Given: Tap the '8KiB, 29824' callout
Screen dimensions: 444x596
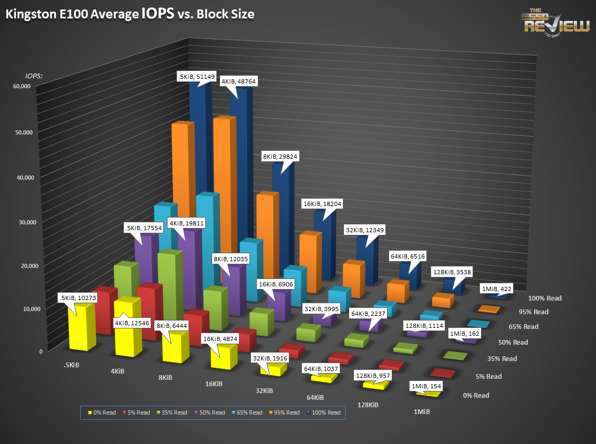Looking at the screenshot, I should tap(280, 157).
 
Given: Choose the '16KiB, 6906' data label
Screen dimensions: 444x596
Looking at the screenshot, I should tap(275, 284).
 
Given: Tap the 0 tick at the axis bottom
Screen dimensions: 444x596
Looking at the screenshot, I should tap(40, 352).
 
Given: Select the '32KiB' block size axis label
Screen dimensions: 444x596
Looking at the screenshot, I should tap(264, 391).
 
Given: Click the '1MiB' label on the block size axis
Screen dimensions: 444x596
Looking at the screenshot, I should tap(421, 412).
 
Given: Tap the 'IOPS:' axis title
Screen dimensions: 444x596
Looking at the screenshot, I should tap(34, 76).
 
